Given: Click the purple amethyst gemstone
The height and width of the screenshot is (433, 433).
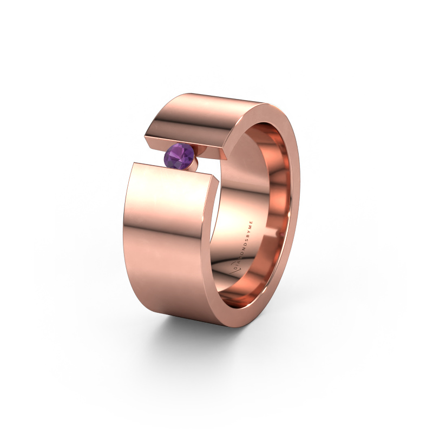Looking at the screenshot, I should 179,156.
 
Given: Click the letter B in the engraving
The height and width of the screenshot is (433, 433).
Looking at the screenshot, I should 248,235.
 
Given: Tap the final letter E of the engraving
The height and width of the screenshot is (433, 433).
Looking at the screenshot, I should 251,222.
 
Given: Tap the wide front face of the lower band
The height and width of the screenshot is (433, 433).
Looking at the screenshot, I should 168,244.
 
